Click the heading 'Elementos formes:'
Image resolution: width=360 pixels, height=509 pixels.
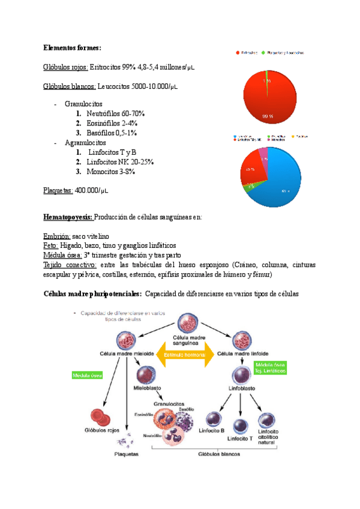point(73,47)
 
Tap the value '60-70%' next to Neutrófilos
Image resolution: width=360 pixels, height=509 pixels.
point(133,113)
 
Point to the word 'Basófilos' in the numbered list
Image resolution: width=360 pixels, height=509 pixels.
point(103,133)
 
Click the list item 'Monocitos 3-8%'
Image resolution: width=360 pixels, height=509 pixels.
point(110,172)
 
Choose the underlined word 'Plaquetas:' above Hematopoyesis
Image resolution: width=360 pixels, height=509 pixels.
point(58,191)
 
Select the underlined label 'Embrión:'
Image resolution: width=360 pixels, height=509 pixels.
point(56,236)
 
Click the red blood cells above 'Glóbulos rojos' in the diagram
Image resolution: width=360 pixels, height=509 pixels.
point(100,417)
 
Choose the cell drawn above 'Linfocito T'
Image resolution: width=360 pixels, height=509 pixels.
point(241,426)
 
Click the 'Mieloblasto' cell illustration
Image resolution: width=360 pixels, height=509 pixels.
point(148,376)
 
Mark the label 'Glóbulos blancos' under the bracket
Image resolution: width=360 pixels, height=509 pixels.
point(219,454)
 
